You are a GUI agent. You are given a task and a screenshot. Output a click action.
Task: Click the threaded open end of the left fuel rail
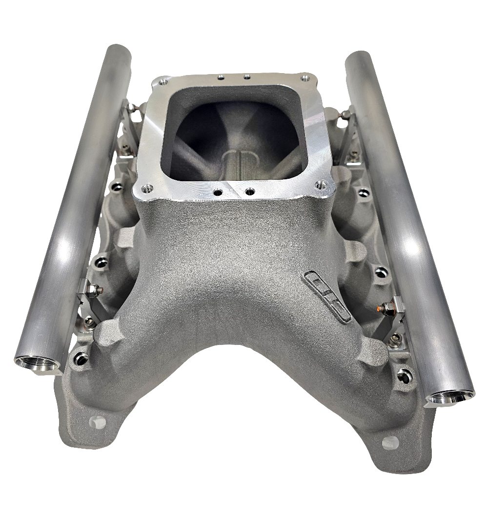[37, 363]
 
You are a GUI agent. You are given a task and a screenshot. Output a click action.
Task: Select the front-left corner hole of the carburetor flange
[145, 187]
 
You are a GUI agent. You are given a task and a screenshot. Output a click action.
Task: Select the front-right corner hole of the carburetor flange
[320, 185]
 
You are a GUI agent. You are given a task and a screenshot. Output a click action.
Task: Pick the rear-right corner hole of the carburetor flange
[305, 78]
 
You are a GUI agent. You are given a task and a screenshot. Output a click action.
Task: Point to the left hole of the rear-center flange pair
[221, 76]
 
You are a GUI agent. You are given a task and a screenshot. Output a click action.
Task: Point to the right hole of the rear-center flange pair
[247, 76]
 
